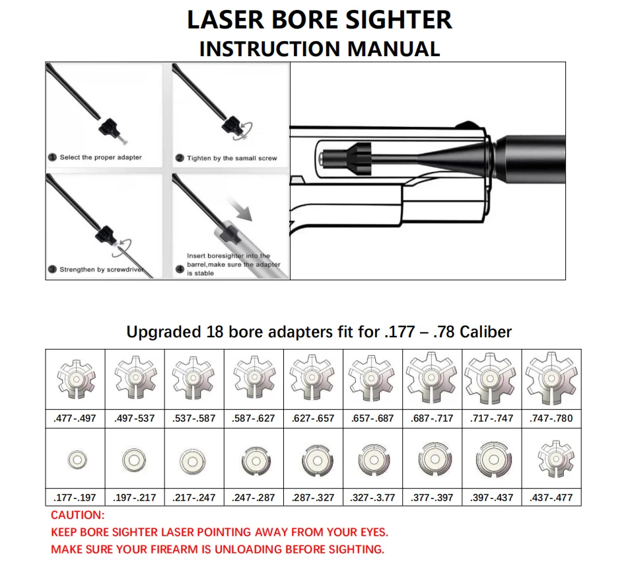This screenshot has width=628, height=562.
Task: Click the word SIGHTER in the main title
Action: (x=398, y=20)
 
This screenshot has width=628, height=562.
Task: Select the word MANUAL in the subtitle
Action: (x=394, y=49)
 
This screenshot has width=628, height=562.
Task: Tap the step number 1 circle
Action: (x=52, y=157)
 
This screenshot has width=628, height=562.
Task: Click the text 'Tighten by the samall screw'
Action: (x=232, y=158)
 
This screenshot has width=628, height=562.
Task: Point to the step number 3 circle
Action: (x=52, y=269)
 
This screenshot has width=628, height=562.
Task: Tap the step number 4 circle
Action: (x=180, y=268)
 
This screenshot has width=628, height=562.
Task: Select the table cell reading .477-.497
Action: (x=75, y=419)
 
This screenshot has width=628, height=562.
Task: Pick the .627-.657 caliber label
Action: (x=313, y=419)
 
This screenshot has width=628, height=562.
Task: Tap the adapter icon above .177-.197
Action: (x=77, y=460)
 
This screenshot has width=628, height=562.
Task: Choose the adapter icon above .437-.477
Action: (x=555, y=459)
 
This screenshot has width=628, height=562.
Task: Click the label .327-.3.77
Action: (x=372, y=498)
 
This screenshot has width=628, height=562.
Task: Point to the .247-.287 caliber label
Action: (x=254, y=498)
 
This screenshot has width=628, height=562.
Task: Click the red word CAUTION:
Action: (x=78, y=515)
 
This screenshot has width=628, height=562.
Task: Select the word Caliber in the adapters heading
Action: (x=485, y=332)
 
